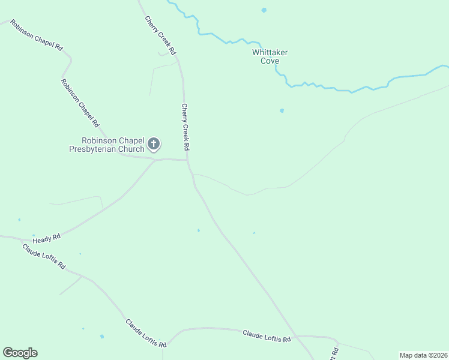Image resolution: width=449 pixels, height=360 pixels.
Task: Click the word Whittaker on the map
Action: click(270, 52)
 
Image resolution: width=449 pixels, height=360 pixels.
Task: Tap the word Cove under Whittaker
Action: click(270, 61)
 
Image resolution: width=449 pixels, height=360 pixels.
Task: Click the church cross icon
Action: click(154, 143)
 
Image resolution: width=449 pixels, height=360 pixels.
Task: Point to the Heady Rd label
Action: click(47, 238)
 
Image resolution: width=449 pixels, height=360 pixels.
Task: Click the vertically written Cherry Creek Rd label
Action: click(186, 127)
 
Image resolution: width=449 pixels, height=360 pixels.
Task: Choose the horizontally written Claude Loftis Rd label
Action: click(267, 336)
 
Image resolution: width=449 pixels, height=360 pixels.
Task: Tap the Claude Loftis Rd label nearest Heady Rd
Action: click(44, 256)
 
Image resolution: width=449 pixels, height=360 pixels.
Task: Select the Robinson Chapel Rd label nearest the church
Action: click(80, 103)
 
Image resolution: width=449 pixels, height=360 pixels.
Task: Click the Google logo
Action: click(20, 353)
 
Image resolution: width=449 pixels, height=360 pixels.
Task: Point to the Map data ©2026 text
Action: click(423, 355)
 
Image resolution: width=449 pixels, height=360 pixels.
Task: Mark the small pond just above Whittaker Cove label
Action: click(264, 10)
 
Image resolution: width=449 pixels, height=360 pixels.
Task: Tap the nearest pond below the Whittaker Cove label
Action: click(282, 110)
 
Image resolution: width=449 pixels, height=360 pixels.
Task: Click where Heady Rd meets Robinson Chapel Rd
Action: click(155, 160)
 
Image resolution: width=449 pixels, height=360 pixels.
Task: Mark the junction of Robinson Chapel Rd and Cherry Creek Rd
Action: click(187, 160)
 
